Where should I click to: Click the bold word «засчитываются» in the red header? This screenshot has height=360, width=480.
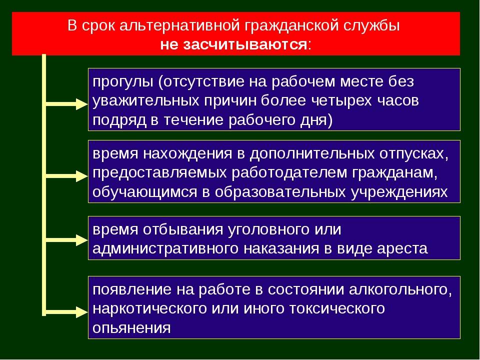245,45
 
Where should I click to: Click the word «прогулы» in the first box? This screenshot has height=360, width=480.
123,82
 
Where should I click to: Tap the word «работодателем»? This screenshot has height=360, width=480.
289,173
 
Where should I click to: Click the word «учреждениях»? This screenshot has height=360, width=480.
399,192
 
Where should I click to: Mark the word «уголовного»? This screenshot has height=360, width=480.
269,229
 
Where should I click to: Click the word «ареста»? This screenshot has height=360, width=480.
402,248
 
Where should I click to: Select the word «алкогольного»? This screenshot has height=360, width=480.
400,290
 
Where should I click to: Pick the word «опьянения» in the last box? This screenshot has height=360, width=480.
131,328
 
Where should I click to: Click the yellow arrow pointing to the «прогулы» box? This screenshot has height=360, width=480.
66,104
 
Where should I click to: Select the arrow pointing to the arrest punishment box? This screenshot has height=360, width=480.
66,239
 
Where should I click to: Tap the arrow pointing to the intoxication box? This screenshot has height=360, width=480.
66,312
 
